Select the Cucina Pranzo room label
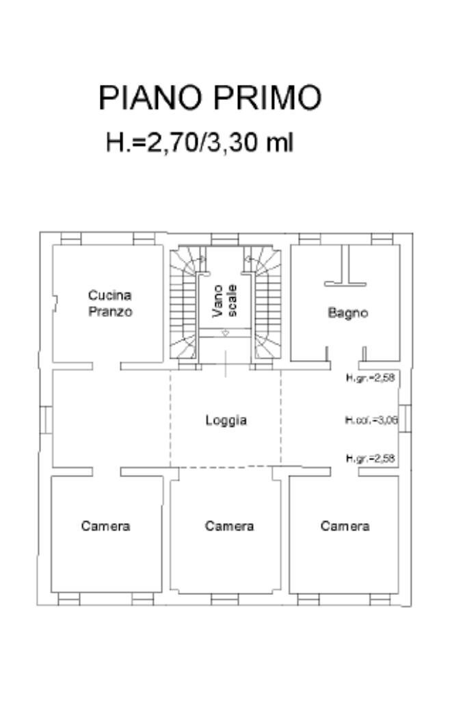(109, 303)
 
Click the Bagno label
(347, 313)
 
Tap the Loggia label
(226, 420)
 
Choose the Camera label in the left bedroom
(105, 526)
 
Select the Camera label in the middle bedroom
(229, 526)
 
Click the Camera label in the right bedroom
(345, 526)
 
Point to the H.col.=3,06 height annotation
(371, 420)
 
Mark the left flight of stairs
(183, 305)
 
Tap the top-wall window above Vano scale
(224, 239)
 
